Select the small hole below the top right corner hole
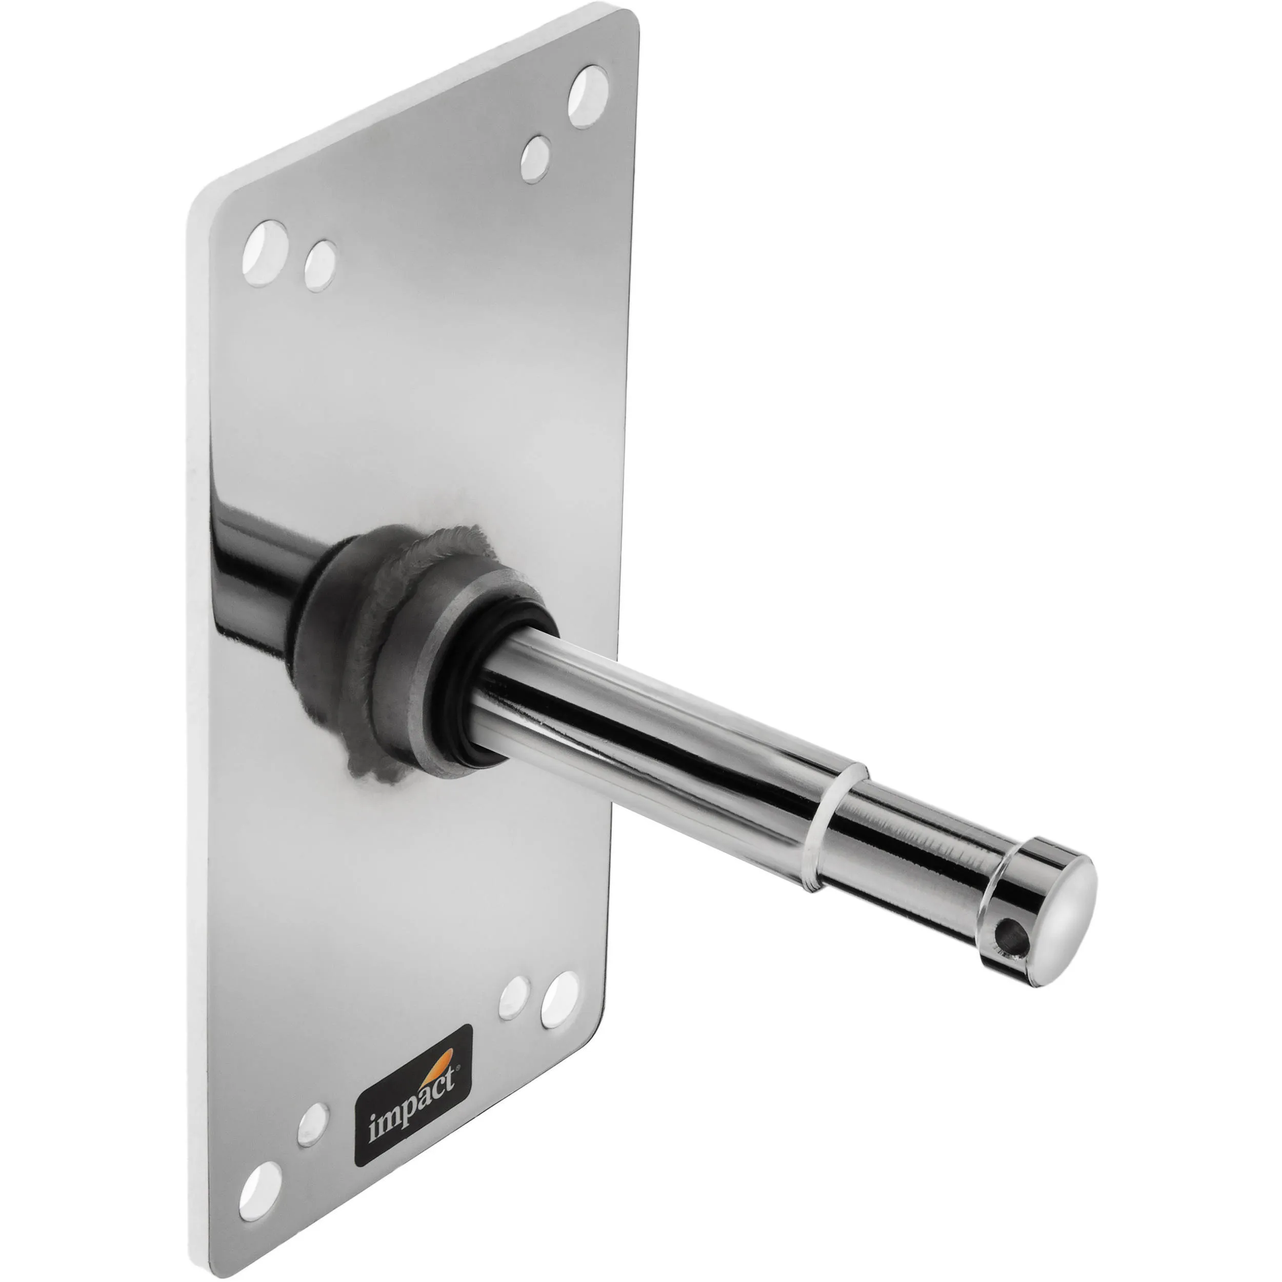535,159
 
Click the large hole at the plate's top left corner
265,253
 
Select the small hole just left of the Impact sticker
312,1106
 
